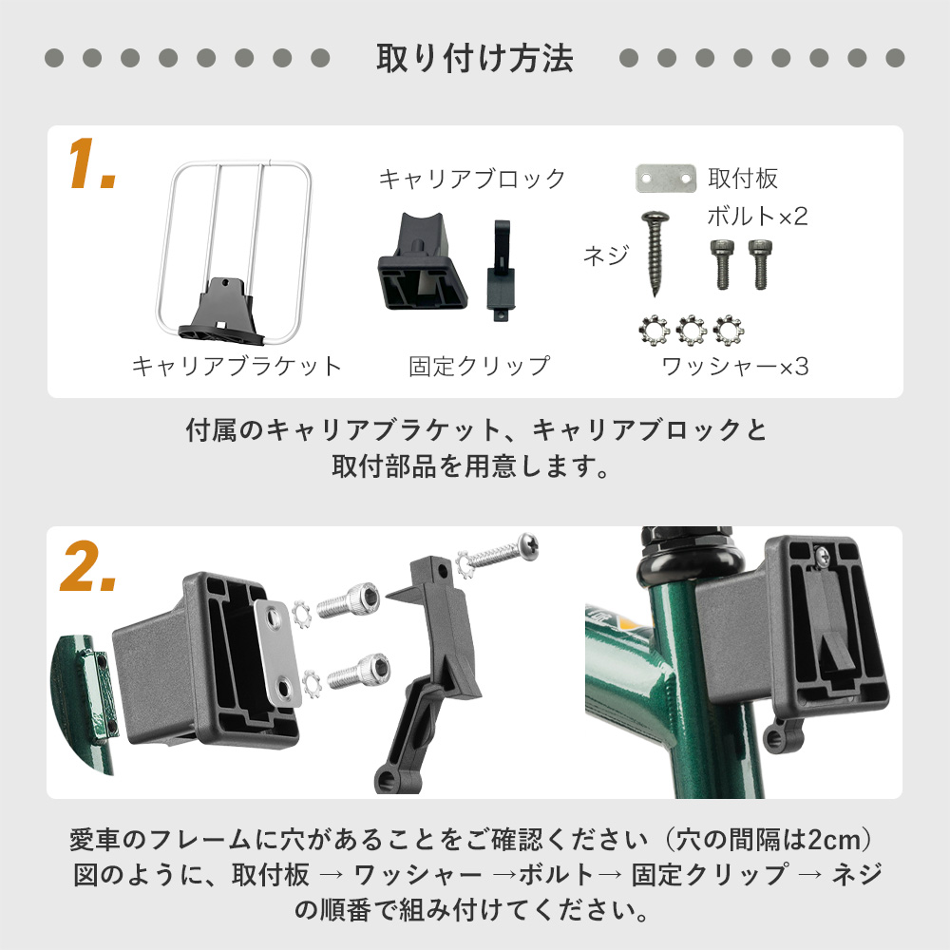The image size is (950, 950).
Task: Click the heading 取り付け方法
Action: tap(475, 59)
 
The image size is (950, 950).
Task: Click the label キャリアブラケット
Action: tap(237, 366)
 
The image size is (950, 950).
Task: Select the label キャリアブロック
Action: tap(472, 179)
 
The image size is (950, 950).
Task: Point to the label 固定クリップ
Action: tap(480, 366)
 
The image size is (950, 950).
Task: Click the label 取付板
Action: tap(743, 179)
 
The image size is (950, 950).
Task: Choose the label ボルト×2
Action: tap(756, 217)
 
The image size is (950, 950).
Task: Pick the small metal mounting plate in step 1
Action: tap(666, 179)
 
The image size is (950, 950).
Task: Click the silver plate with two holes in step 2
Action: tap(277, 652)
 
